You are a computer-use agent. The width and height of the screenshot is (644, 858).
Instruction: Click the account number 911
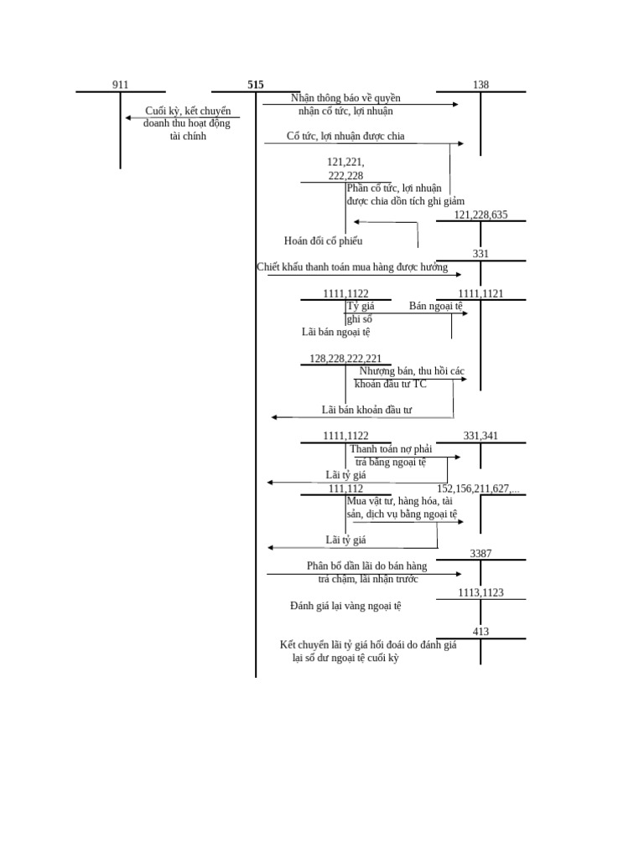click(x=121, y=85)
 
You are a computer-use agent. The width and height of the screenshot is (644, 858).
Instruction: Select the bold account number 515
click(x=256, y=85)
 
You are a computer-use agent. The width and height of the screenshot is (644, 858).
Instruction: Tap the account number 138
click(x=480, y=85)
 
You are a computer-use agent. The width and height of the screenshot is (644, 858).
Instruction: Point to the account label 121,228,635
click(x=480, y=214)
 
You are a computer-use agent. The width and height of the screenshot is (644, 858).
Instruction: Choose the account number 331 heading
click(x=480, y=254)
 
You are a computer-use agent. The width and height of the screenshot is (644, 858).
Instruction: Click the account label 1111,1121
click(x=480, y=294)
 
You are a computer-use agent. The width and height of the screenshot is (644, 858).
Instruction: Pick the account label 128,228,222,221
click(x=345, y=359)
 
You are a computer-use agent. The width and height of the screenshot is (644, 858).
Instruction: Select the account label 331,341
click(x=480, y=436)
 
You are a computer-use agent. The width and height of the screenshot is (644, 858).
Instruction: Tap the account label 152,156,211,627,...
click(x=478, y=488)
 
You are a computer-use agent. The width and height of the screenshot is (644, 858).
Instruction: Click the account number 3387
click(x=480, y=553)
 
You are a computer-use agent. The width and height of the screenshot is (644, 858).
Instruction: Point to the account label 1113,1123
click(x=480, y=592)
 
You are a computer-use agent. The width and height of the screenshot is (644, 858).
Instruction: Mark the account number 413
click(x=480, y=632)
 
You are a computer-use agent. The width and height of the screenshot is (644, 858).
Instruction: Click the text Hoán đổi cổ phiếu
click(x=323, y=241)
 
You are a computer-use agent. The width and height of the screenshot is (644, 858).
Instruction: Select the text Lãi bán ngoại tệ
click(x=335, y=332)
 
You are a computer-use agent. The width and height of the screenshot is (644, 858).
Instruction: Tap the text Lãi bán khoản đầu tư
click(x=366, y=410)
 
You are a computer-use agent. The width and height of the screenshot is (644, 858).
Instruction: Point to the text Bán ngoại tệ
click(x=436, y=306)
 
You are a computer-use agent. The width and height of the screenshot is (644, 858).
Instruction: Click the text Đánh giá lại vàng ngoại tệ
click(x=345, y=605)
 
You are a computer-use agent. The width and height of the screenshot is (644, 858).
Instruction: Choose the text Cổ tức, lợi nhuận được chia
click(x=345, y=136)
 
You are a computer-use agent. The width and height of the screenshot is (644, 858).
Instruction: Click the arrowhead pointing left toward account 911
click(x=128, y=118)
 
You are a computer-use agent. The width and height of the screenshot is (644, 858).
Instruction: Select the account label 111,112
click(x=345, y=488)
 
